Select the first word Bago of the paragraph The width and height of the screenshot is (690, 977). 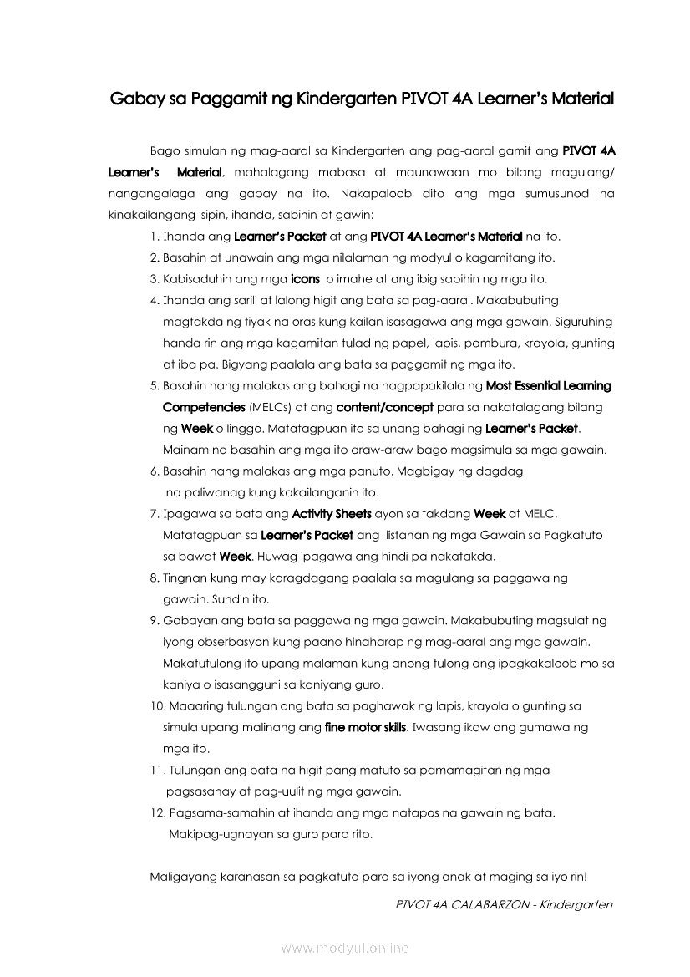tap(165, 151)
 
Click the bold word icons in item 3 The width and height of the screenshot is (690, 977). tap(305, 279)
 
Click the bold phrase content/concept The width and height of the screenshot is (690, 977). tap(384, 407)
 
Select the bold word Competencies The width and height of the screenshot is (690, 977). tap(204, 407)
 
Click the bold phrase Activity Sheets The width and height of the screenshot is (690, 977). tap(331, 513)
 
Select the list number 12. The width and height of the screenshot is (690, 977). tap(157, 812)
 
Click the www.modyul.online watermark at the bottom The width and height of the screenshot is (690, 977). tap(345, 948)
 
